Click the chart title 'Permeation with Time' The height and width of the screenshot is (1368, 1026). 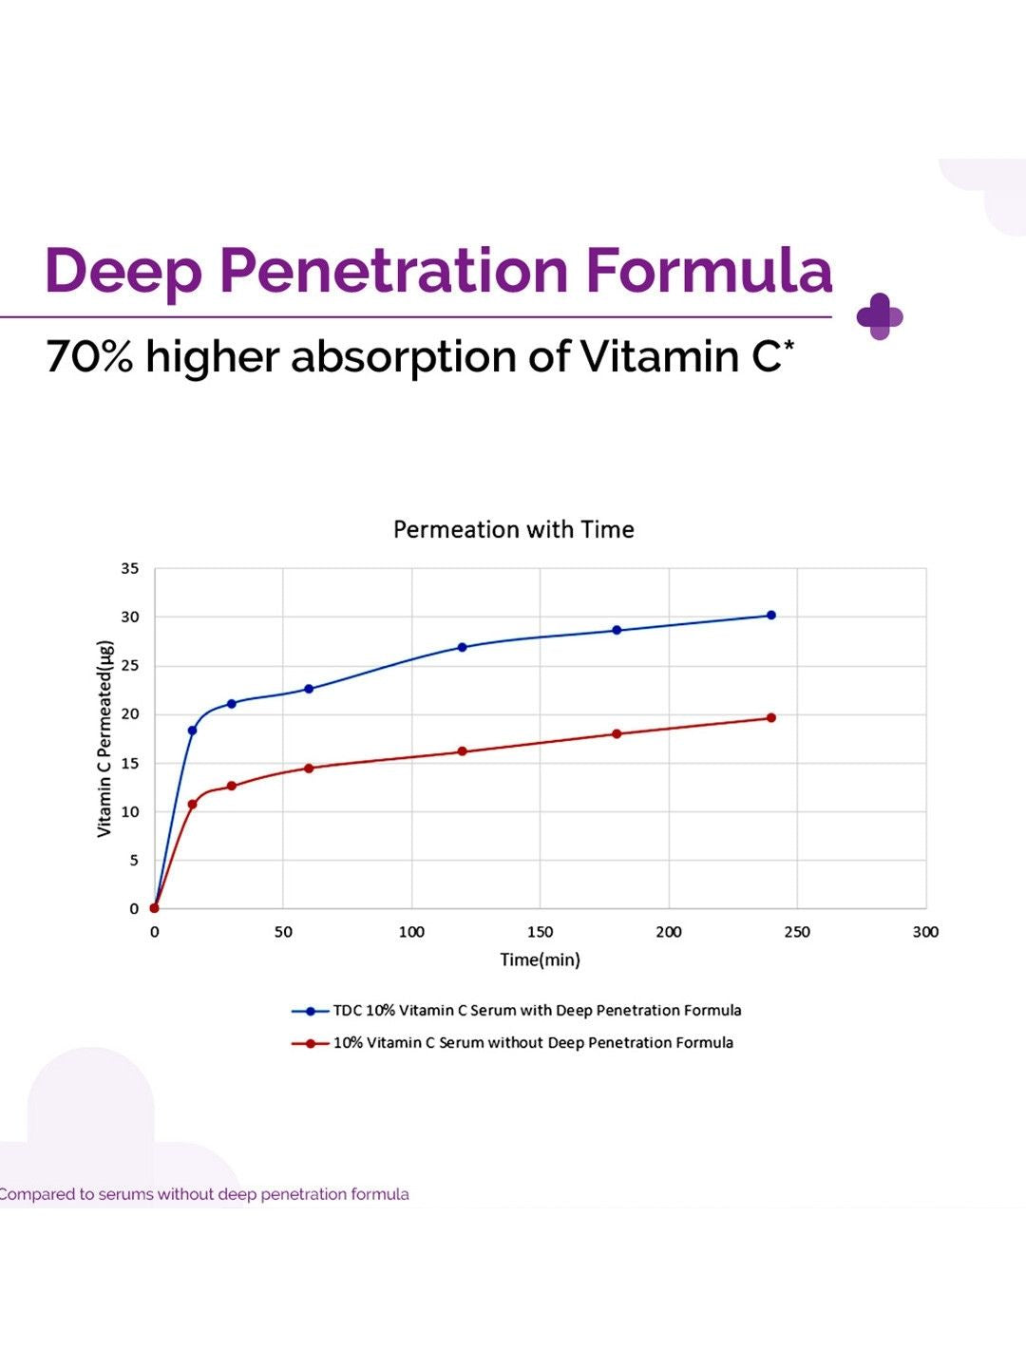(x=513, y=530)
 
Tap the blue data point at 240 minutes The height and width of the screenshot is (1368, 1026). (x=771, y=616)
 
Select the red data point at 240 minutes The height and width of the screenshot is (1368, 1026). (x=771, y=718)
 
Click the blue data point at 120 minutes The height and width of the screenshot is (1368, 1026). (x=463, y=647)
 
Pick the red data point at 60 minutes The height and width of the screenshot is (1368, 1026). (x=309, y=769)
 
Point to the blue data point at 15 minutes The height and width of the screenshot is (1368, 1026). (x=193, y=731)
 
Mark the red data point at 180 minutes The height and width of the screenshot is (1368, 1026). (x=617, y=734)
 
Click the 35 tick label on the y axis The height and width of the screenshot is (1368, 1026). (x=130, y=568)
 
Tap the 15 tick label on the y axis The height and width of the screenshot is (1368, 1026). (x=130, y=764)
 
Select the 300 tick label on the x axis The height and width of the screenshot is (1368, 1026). (x=925, y=932)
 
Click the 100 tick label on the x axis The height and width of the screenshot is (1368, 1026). (x=411, y=932)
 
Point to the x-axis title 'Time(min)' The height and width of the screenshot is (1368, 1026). (x=541, y=959)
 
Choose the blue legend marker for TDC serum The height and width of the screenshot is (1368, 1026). (x=311, y=1011)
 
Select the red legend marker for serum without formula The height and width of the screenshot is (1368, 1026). (x=311, y=1043)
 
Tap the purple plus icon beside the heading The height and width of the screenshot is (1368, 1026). (x=880, y=316)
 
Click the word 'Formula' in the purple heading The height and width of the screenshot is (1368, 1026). (x=710, y=271)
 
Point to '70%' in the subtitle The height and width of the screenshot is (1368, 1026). (x=89, y=356)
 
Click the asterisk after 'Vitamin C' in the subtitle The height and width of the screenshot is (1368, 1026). (x=789, y=345)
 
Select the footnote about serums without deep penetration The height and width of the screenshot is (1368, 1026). (x=204, y=1195)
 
